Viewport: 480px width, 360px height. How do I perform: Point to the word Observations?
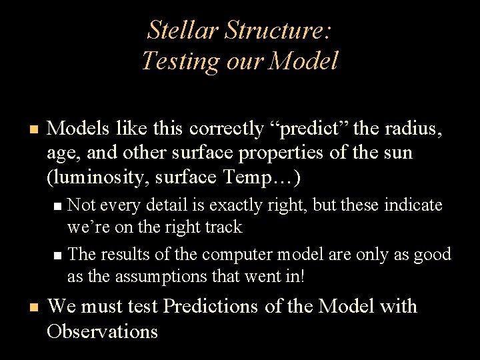tap(103, 331)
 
